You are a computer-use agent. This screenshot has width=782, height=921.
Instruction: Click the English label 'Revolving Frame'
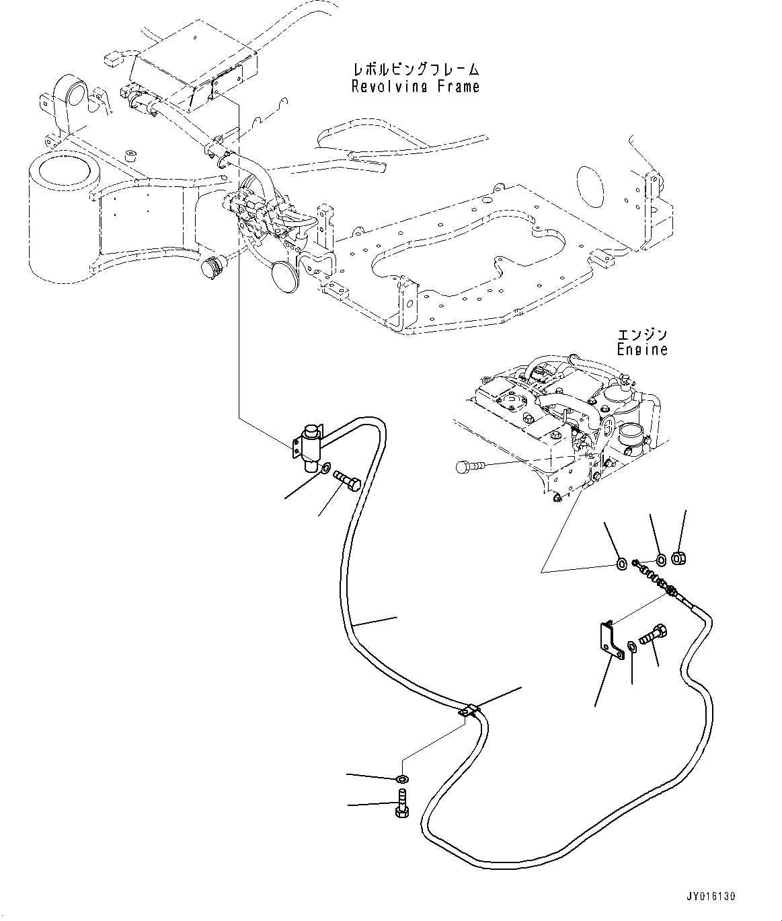pos(415,86)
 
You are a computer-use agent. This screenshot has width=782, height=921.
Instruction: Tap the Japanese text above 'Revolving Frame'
pos(416,69)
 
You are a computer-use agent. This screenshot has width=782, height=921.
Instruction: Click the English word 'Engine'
pos(642,349)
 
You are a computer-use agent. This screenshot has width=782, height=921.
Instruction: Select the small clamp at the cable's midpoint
pos(470,711)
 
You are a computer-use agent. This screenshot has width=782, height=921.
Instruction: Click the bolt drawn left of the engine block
pos(467,466)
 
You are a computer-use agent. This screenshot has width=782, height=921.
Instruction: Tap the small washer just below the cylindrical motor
pos(324,468)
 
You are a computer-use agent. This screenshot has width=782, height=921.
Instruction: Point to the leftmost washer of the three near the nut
pos(621,562)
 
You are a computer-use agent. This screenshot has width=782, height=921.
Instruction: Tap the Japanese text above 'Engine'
pos(642,334)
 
